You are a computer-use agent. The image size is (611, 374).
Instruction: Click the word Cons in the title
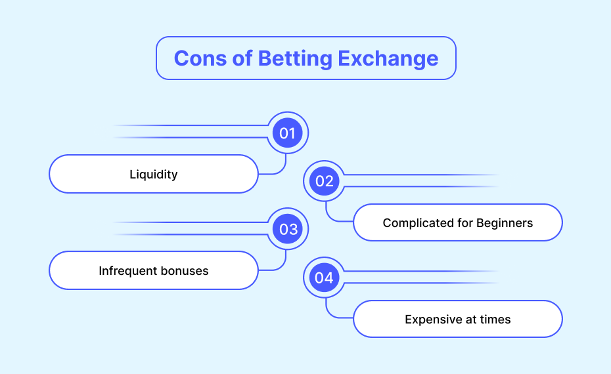tap(200, 58)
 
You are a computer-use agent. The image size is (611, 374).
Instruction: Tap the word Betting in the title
tap(295, 59)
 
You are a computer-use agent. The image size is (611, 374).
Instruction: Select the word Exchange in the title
tap(388, 59)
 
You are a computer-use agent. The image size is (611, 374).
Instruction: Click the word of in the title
tap(242, 58)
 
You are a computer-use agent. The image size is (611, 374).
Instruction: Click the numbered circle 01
tap(288, 133)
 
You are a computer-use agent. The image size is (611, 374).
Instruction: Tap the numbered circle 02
tap(324, 181)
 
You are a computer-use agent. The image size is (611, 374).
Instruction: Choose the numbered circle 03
tap(288, 229)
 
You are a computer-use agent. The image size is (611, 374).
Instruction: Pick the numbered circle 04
tap(324, 278)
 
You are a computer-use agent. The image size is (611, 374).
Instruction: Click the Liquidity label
tap(154, 175)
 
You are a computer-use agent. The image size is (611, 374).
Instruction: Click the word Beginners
tap(504, 223)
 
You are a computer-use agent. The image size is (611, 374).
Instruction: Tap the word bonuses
tap(185, 270)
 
